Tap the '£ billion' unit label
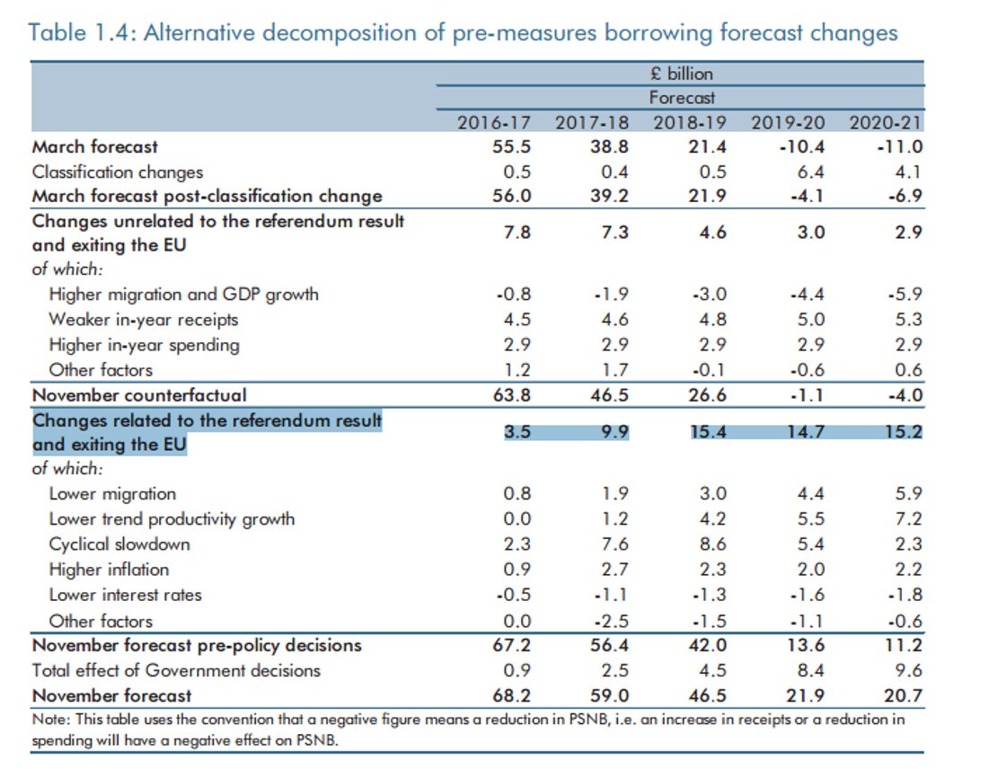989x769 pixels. click(x=683, y=74)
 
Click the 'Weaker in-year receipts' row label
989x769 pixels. click(x=144, y=320)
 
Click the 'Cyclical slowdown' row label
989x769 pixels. click(x=119, y=544)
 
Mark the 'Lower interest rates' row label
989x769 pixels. click(x=125, y=595)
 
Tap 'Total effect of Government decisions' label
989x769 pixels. click(x=176, y=670)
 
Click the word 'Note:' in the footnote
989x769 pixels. click(x=50, y=719)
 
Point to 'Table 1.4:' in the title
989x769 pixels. click(x=83, y=33)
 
